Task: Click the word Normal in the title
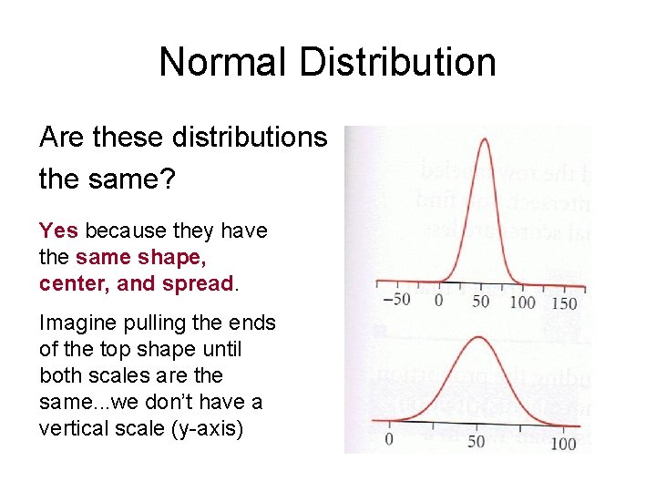coord(222,62)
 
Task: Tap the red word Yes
coord(59,231)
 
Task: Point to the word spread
coord(197,283)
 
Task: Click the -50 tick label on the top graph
coord(396,299)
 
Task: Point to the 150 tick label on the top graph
coord(564,302)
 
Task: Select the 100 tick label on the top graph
coord(522,302)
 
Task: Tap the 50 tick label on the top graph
coord(480,301)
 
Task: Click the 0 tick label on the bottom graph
coord(389,439)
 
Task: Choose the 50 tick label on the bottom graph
coord(477,441)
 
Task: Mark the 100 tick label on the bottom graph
coord(564,443)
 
